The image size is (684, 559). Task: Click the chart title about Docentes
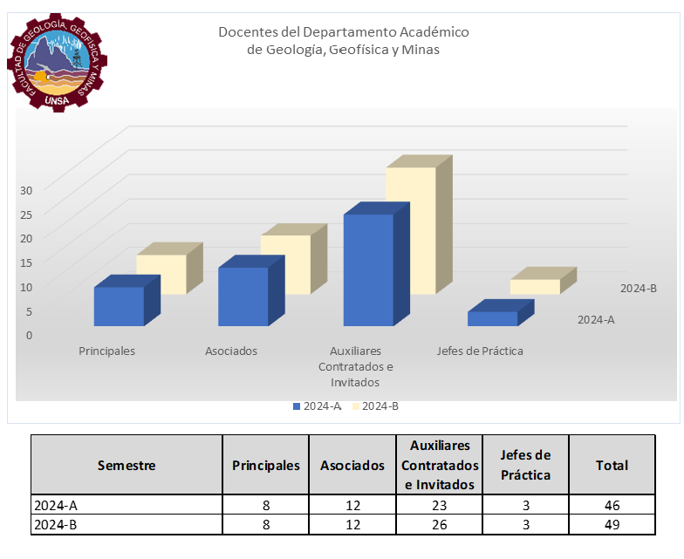click(343, 41)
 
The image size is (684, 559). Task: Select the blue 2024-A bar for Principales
click(119, 306)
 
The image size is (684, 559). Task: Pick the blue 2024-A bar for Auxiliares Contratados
click(368, 269)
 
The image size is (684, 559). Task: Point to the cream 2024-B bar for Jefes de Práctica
click(535, 286)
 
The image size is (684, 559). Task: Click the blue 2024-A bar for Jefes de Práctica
click(492, 318)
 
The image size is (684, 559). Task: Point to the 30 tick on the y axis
click(26, 189)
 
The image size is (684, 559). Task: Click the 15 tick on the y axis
click(26, 262)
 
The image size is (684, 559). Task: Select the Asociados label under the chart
click(231, 351)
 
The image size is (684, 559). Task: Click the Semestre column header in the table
click(126, 465)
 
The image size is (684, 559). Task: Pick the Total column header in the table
click(612, 465)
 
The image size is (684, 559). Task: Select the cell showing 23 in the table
click(440, 505)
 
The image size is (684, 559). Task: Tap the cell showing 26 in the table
click(440, 525)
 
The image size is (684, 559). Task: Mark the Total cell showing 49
click(612, 525)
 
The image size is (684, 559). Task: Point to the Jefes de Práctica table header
click(525, 465)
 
